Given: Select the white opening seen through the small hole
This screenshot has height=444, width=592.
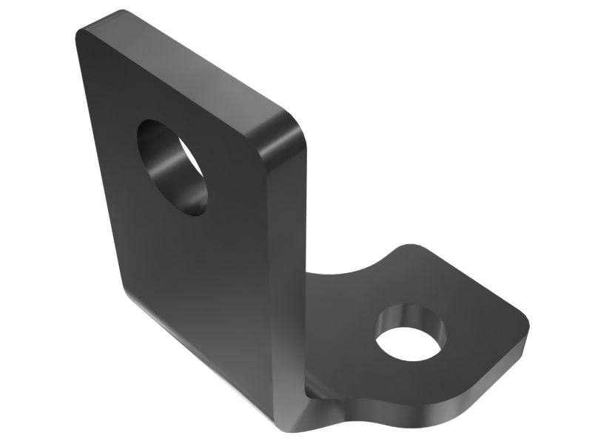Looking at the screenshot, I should click(410, 341).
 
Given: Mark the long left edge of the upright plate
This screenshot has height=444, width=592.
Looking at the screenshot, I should click(100, 163).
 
